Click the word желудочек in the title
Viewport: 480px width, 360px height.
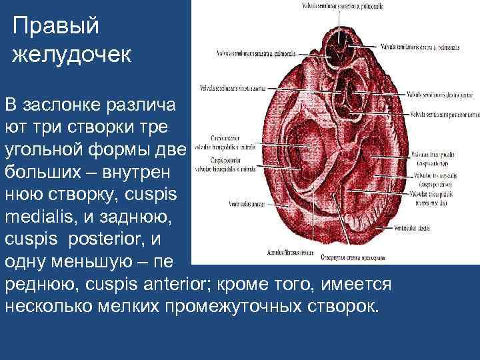[72, 54]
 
